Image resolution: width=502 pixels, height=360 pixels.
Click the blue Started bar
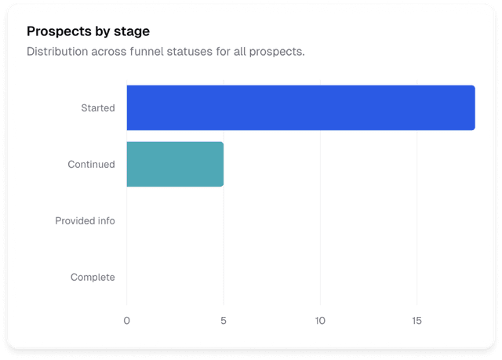[x=300, y=107]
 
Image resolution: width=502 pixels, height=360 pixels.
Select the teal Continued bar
[x=175, y=164]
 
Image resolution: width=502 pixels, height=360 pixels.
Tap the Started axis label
[x=98, y=107]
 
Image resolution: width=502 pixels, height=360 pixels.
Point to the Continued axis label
[x=91, y=164]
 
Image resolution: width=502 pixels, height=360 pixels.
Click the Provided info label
[x=85, y=220]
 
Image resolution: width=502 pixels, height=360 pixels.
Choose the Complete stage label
[x=93, y=277]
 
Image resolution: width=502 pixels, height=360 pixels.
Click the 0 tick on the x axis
[x=127, y=321]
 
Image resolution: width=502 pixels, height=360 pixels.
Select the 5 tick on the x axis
[x=224, y=321]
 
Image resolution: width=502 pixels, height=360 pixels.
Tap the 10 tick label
[x=320, y=321]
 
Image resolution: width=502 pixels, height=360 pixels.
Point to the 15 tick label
[x=417, y=321]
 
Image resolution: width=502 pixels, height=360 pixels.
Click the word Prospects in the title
[x=56, y=31]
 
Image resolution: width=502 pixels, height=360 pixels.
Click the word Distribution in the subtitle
[x=56, y=52]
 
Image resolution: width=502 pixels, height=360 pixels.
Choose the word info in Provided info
[x=105, y=220]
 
